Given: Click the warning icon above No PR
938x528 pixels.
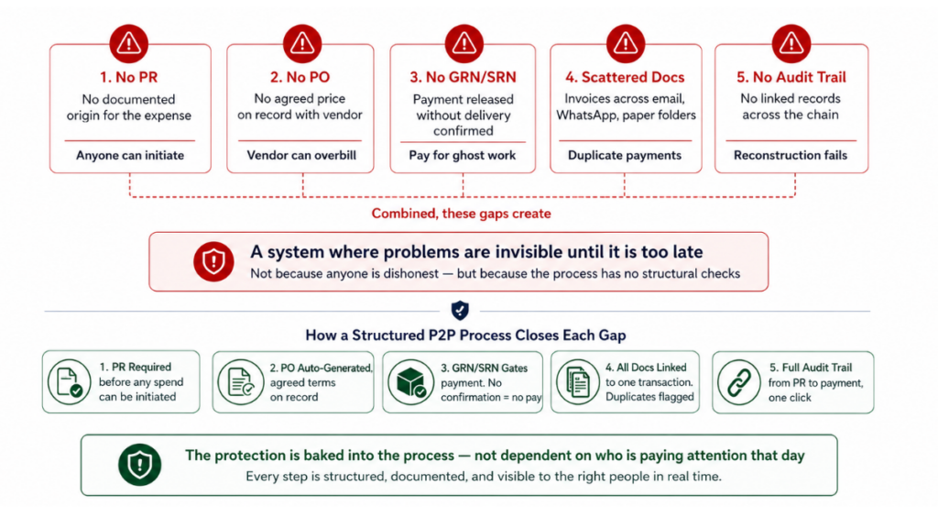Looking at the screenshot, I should [x=130, y=43].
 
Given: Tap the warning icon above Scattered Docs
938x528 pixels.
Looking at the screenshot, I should [x=625, y=43].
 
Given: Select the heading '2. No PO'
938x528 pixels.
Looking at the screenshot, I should [x=300, y=78].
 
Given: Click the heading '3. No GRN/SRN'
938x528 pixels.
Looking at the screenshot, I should [x=464, y=78].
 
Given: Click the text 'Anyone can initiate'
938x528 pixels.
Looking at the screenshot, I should [x=130, y=156].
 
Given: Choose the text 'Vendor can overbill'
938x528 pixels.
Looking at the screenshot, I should [x=301, y=156].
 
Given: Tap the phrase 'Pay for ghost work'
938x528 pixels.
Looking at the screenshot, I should [x=463, y=156].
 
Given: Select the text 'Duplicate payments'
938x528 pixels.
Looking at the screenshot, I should [x=625, y=156].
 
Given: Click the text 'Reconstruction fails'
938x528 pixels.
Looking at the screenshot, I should [x=791, y=156].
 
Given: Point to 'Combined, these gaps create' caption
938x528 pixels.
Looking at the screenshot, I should [x=462, y=214].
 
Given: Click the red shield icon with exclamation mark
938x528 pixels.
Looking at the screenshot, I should [x=213, y=261].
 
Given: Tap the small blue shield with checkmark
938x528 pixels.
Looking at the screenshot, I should [x=461, y=310].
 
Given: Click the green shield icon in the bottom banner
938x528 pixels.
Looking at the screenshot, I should [x=139, y=465].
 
